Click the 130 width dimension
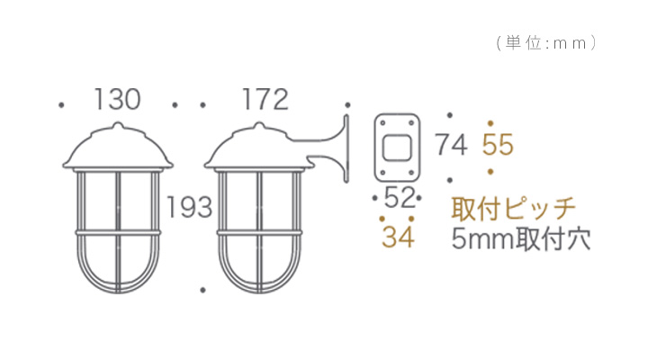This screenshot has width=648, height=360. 117,100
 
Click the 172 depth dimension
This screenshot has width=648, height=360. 265,100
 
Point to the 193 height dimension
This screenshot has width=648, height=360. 189,207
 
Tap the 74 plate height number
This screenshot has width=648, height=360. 451,145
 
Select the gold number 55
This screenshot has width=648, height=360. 498,145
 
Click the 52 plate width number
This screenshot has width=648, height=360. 400,198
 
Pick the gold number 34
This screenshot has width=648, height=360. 398,237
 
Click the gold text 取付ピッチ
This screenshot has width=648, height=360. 513,209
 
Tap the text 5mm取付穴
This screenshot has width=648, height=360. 521,239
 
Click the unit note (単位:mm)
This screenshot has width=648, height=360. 546,43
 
